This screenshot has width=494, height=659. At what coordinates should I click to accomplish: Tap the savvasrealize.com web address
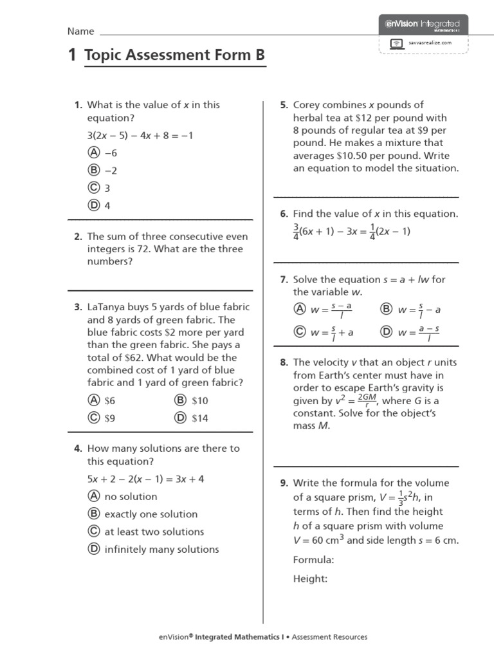[430, 43]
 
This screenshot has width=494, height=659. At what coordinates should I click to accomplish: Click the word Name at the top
[81, 31]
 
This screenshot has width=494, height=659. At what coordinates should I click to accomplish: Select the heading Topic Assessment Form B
[174, 56]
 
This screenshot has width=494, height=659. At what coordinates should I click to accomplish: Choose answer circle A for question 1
[94, 153]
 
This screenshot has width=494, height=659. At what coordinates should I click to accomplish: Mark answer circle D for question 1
[94, 206]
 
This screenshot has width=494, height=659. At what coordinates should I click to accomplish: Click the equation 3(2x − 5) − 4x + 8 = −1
[140, 135]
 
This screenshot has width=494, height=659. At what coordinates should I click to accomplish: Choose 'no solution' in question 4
[131, 496]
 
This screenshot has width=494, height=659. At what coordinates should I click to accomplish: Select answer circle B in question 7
[386, 310]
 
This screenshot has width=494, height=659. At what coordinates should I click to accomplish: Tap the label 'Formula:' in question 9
[314, 560]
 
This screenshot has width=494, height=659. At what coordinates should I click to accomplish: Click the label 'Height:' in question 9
[311, 579]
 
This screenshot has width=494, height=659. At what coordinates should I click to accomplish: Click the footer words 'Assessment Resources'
[330, 637]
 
